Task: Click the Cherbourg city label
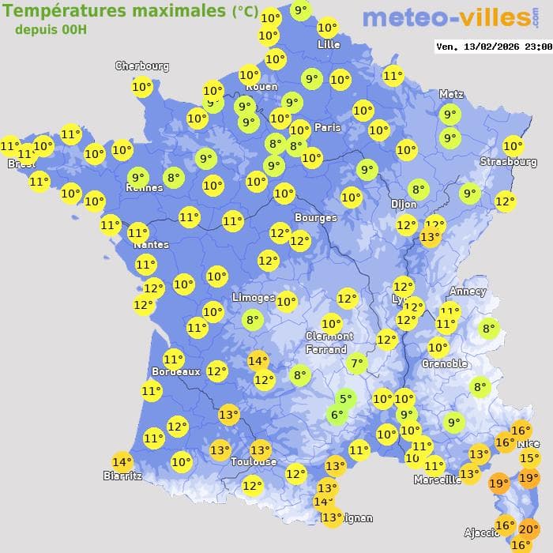(x=142, y=66)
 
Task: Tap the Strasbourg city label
(x=508, y=162)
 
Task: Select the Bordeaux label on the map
(x=175, y=371)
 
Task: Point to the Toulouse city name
(x=254, y=461)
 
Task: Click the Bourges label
(x=315, y=217)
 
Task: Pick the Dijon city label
(x=403, y=204)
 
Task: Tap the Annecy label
(x=467, y=291)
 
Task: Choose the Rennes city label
(x=145, y=188)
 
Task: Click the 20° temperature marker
(x=529, y=529)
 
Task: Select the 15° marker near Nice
(x=529, y=458)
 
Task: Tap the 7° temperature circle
(x=357, y=364)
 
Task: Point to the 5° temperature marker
(x=344, y=399)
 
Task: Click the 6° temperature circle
(x=337, y=415)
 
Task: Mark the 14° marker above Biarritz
(x=122, y=462)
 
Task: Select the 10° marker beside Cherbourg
(x=142, y=87)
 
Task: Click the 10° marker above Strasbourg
(x=513, y=145)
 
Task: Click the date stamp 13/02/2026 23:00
(x=494, y=47)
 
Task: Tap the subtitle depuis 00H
(x=51, y=29)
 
